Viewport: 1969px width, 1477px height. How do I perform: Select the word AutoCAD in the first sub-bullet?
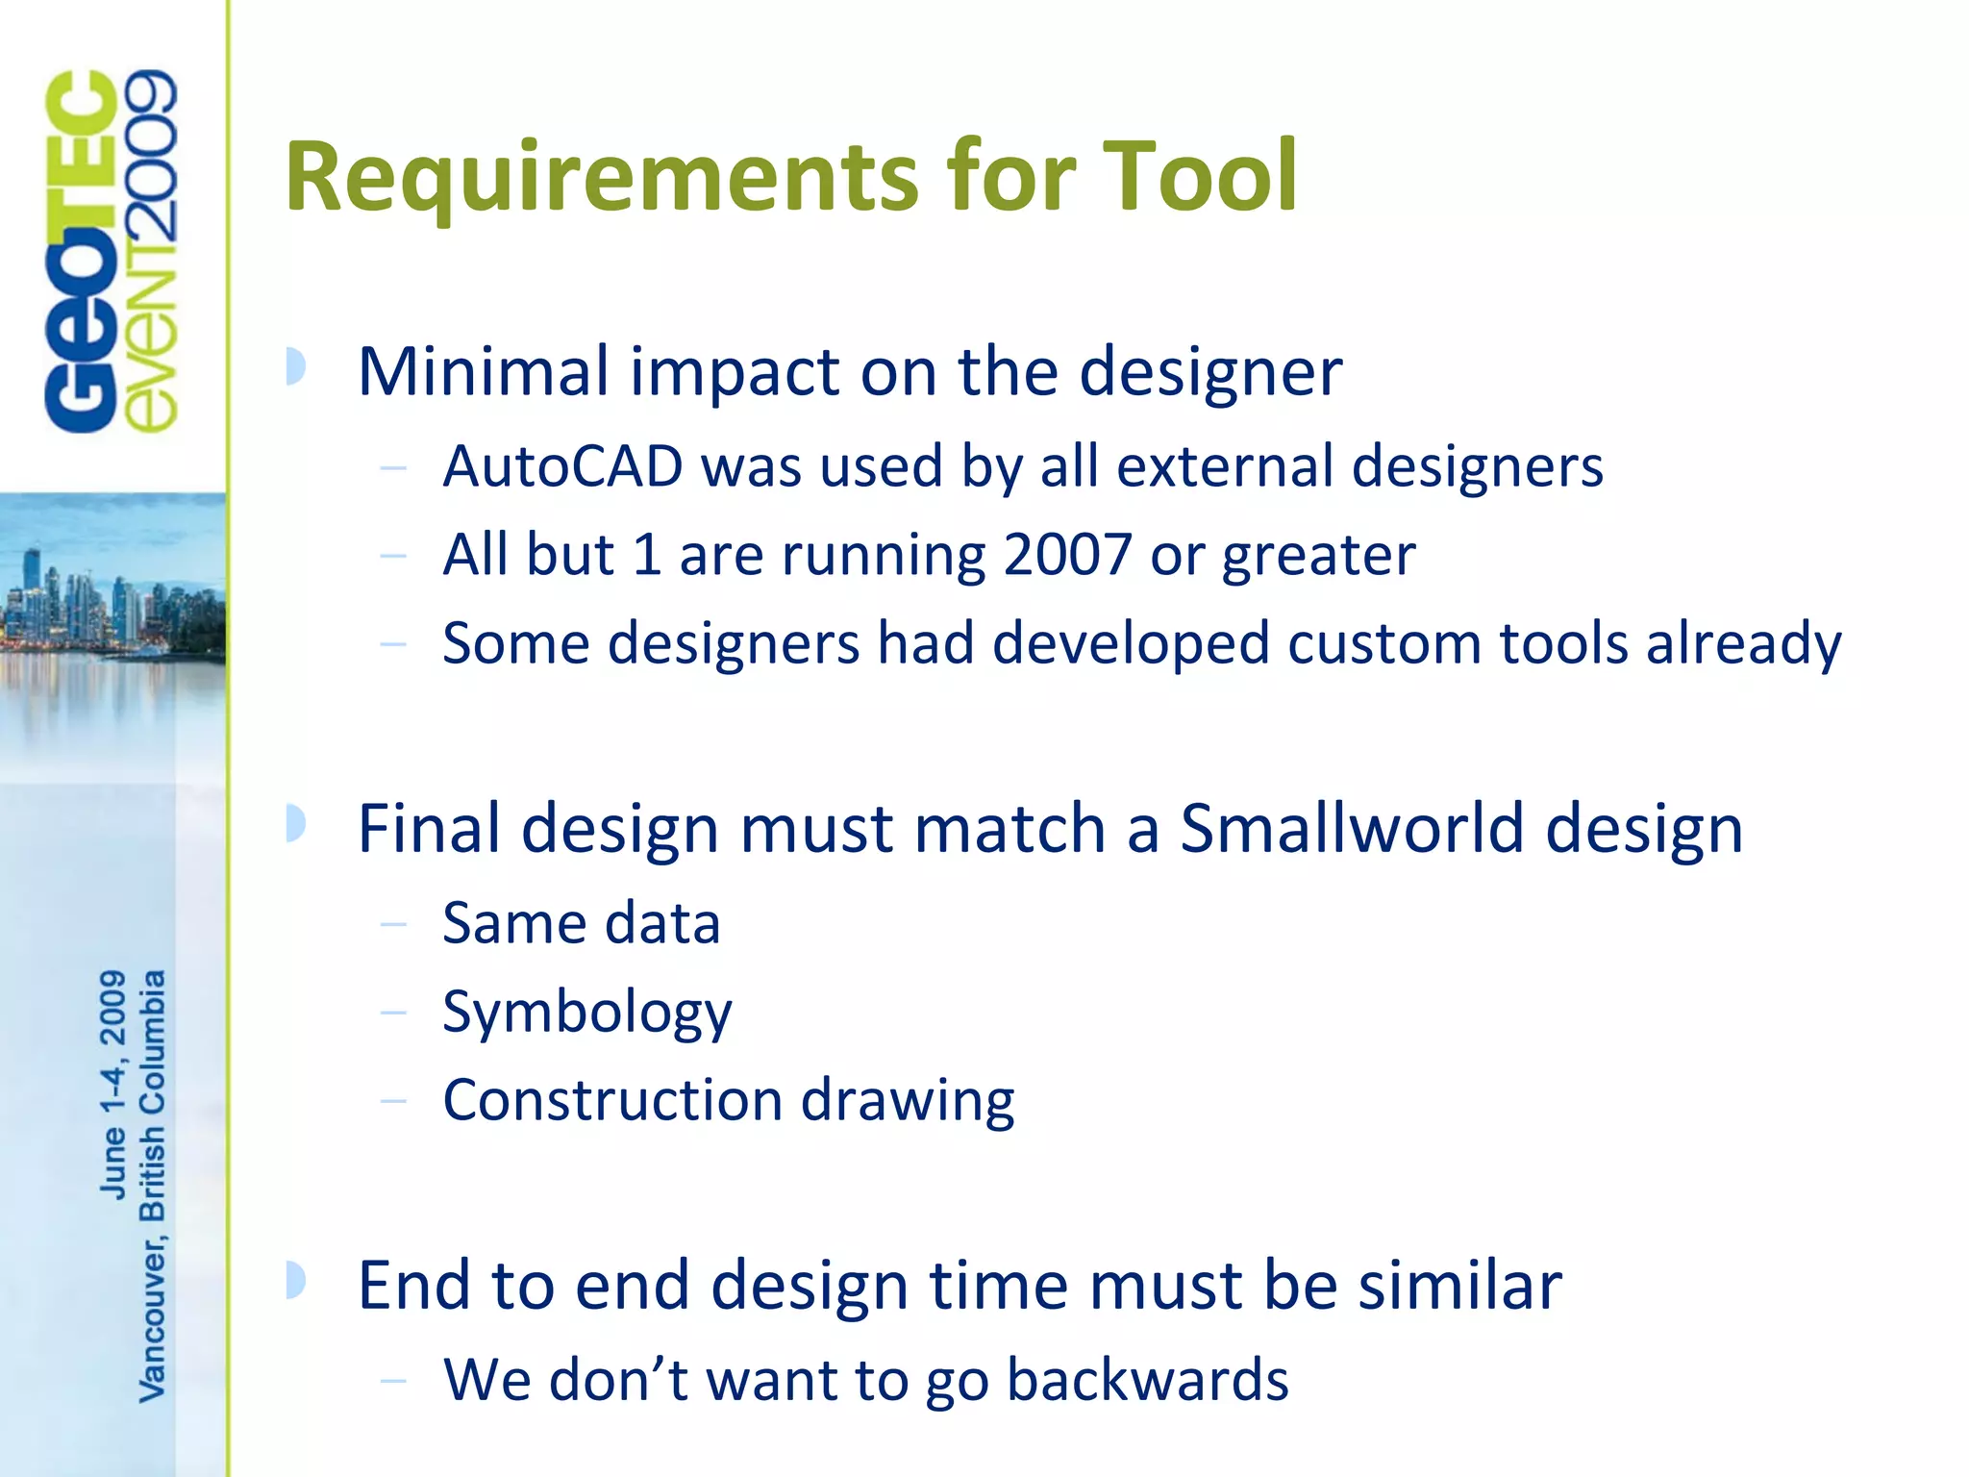tap(562, 467)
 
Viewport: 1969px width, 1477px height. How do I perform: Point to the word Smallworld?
tap(1352, 828)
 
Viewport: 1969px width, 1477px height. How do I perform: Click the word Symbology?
tap(586, 1013)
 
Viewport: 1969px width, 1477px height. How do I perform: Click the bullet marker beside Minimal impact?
tap(296, 367)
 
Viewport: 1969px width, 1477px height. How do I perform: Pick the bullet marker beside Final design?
tap(296, 824)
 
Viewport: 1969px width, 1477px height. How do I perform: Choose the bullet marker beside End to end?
tap(296, 1281)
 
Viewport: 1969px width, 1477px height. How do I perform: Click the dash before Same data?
tap(393, 925)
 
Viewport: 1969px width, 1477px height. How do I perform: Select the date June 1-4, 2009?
tap(113, 1084)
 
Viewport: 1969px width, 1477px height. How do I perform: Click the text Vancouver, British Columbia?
tap(153, 1185)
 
